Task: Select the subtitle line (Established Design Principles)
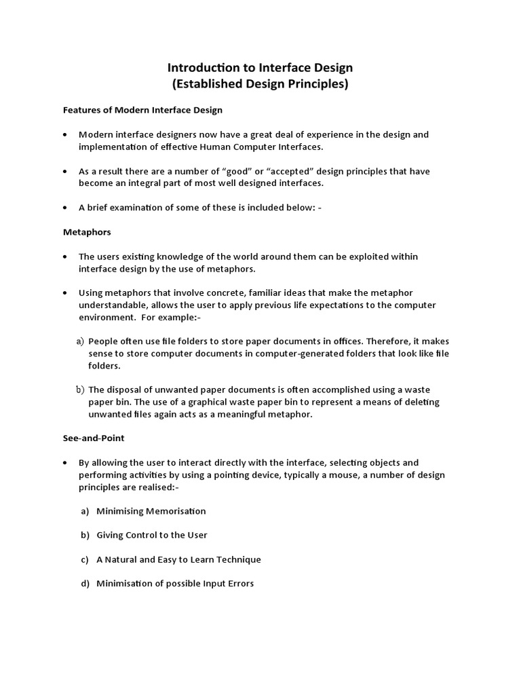(x=260, y=84)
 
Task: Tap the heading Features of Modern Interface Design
(x=142, y=109)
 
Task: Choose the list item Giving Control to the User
(x=152, y=536)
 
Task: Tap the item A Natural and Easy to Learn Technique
(x=178, y=560)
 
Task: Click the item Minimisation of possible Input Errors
(x=175, y=584)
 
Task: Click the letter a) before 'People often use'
(x=80, y=341)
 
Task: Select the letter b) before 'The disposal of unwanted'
(x=80, y=390)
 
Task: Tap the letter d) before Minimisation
(x=85, y=584)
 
